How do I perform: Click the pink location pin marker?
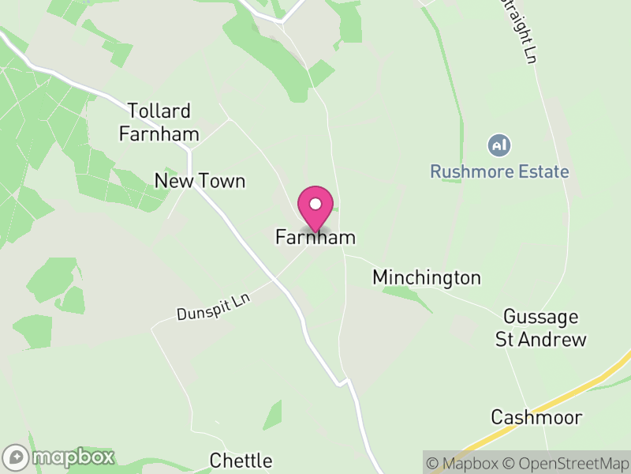[x=315, y=207]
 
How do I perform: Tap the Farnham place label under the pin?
[x=315, y=237]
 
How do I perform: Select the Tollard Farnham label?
[x=159, y=122]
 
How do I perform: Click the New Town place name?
[x=200, y=181]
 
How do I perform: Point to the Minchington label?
[x=427, y=277]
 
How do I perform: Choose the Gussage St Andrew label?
[x=541, y=328]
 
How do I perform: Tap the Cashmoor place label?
[x=536, y=416]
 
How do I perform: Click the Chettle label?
[x=241, y=460]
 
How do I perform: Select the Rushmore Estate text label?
[x=499, y=171]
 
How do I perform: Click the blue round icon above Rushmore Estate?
[x=499, y=145]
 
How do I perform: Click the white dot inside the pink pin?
[x=315, y=203]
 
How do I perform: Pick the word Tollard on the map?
[x=159, y=111]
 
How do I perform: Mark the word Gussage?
[x=541, y=317]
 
